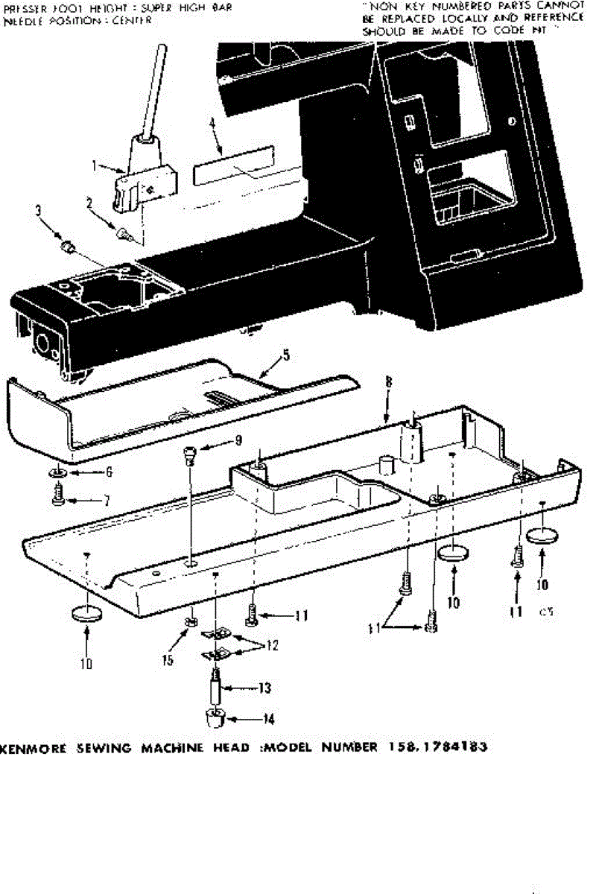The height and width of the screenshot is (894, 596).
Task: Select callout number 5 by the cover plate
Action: (285, 356)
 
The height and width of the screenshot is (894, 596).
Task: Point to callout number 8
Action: (388, 384)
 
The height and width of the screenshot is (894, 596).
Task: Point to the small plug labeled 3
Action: (66, 244)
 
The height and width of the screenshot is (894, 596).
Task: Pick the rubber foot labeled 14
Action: (214, 719)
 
